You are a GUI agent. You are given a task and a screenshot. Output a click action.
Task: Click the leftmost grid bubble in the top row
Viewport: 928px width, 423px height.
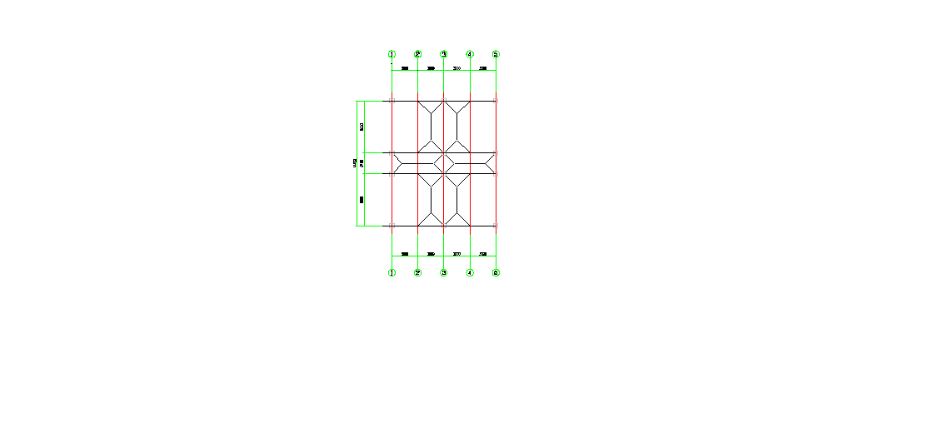[392, 54]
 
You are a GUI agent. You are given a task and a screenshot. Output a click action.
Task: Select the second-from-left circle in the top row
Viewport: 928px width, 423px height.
[417, 54]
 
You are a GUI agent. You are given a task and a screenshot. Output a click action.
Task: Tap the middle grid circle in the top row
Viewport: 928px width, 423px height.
[443, 54]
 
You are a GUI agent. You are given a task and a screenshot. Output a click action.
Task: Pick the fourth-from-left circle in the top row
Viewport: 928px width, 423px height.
[470, 54]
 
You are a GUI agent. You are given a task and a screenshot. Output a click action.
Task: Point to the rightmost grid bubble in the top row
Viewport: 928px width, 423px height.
[496, 54]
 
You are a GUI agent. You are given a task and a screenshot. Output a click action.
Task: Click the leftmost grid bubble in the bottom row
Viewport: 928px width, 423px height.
[392, 272]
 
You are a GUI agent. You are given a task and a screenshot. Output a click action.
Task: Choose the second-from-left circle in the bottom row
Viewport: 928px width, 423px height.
[417, 272]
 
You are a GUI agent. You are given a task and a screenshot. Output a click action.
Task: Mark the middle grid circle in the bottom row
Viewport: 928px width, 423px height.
[443, 272]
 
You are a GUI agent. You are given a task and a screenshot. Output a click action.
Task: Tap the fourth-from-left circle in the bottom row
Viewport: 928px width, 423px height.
[470, 272]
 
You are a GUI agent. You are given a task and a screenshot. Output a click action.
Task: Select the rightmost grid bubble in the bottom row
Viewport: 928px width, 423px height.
[496, 272]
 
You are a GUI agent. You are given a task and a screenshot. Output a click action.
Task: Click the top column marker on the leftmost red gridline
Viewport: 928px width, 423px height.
[392, 101]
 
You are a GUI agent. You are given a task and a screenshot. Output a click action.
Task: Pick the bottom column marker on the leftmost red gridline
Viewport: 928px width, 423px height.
[392, 226]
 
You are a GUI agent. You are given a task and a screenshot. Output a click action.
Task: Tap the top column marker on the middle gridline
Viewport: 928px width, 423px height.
[444, 101]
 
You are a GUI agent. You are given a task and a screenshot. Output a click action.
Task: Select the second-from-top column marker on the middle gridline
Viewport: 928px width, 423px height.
[444, 153]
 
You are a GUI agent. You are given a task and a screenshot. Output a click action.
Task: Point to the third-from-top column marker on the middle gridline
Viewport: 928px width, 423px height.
[444, 174]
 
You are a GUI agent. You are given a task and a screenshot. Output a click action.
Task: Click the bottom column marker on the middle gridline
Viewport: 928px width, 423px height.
[444, 226]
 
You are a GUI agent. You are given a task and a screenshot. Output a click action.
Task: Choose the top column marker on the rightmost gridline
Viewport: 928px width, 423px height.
[496, 101]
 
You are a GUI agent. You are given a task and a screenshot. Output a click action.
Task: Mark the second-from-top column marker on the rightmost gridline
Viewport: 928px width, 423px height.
[496, 153]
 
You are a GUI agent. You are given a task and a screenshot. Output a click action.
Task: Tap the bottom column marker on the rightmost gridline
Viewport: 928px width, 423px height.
[496, 226]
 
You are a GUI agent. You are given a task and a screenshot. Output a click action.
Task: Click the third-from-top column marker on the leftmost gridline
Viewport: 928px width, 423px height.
[392, 174]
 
